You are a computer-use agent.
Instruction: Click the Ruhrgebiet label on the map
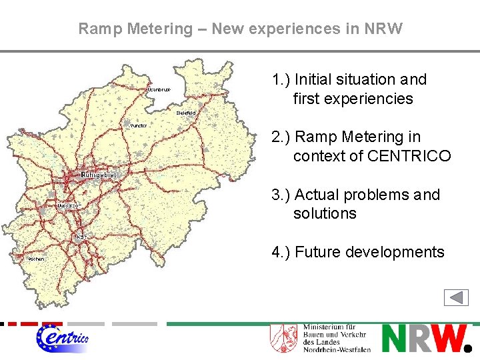point(98,174)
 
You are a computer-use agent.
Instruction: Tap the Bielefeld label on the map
point(186,113)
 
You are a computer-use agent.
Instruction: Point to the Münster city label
point(139,125)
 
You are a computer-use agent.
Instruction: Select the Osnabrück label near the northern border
point(160,89)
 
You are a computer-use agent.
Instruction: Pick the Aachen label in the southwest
point(36,258)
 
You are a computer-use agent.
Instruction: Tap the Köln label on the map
point(81,235)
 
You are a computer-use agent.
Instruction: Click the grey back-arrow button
point(456,297)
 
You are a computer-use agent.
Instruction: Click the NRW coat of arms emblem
point(283,338)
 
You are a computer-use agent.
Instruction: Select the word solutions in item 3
point(325,213)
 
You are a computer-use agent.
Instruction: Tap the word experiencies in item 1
point(353,99)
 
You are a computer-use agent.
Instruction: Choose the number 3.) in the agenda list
point(280,195)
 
